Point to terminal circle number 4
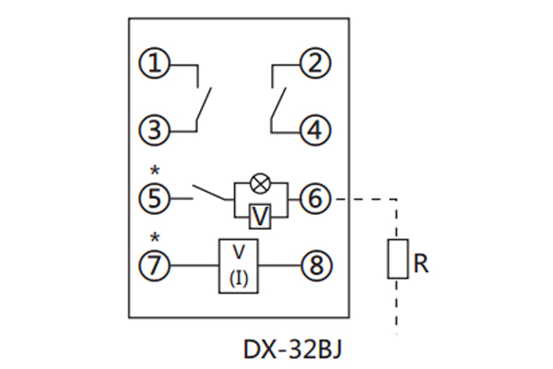(x=316, y=128)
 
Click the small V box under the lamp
(x=261, y=214)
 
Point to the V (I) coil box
(x=239, y=266)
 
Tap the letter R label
(x=421, y=264)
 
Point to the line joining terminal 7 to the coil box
(x=194, y=266)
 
